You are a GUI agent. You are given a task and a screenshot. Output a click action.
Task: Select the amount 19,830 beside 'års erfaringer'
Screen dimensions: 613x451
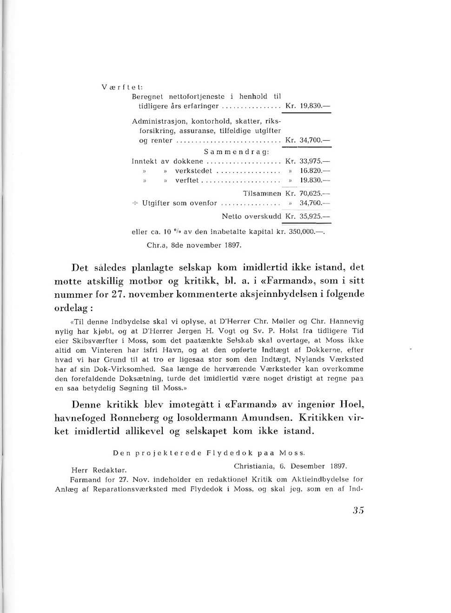pyautogui.click(x=311, y=106)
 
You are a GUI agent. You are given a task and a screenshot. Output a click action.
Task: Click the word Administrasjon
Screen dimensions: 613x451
pyautogui.click(x=159, y=121)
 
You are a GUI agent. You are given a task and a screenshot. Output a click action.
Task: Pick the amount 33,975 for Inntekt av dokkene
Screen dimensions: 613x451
pyautogui.click(x=311, y=161)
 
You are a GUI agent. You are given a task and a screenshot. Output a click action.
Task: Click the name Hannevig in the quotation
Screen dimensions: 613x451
pyautogui.click(x=346, y=321)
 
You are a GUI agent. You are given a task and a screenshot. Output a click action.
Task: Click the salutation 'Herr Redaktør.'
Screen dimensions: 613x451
pyautogui.click(x=99, y=470)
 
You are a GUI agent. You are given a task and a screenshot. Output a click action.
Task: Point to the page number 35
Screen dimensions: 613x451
pyautogui.click(x=358, y=510)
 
